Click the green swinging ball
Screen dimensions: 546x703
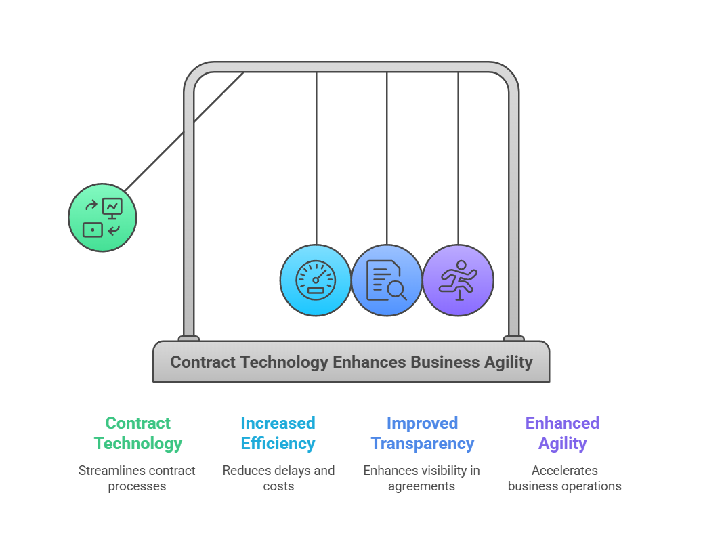(102, 217)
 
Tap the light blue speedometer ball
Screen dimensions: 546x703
(316, 280)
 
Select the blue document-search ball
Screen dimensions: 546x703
(387, 280)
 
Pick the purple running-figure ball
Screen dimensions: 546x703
(458, 280)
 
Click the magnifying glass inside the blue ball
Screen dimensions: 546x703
(396, 291)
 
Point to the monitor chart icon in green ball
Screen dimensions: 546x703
(112, 207)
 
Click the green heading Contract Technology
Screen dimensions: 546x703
(138, 434)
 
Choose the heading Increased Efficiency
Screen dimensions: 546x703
(278, 434)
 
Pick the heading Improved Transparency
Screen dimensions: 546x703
(422, 434)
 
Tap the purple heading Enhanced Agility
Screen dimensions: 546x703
(563, 434)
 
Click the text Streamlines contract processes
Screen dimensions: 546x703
(137, 478)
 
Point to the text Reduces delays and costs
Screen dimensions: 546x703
(278, 478)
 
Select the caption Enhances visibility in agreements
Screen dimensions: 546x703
(421, 478)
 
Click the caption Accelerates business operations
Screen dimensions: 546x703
(564, 478)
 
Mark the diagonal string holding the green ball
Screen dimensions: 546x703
(183, 133)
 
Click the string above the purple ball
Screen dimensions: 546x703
(458, 156)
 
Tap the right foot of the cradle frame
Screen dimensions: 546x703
(513, 338)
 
